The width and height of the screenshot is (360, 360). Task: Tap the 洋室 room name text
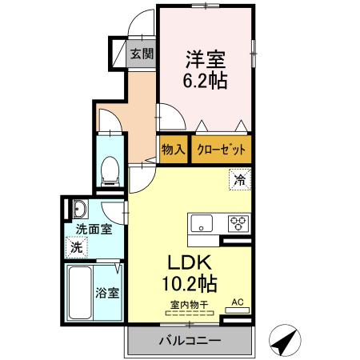tap(206, 58)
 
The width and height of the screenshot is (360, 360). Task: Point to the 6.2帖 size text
tap(206, 82)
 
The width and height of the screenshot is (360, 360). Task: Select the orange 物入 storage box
tap(173, 149)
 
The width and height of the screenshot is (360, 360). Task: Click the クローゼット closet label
tap(219, 149)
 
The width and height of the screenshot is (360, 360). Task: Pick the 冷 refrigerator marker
tap(238, 180)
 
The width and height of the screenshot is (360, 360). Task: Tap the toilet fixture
tap(110, 169)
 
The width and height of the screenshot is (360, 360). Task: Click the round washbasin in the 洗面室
tap(80, 211)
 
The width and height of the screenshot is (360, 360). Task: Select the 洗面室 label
tap(93, 230)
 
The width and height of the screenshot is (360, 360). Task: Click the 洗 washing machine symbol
tap(77, 247)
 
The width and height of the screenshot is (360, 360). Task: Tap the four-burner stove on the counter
tap(238, 223)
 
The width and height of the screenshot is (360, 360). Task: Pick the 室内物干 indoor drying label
tap(190, 305)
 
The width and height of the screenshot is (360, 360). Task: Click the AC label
tap(237, 302)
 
